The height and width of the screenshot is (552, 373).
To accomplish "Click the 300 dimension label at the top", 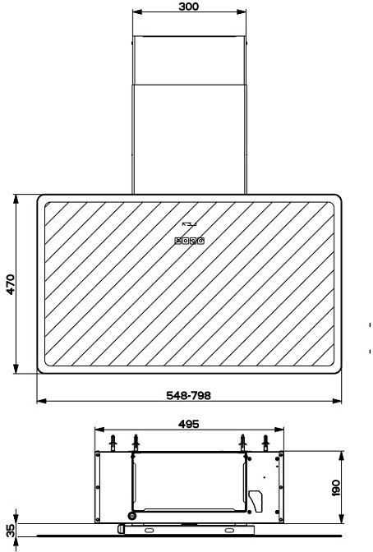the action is [x=188, y=7].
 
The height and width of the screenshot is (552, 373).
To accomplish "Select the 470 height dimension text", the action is [x=11, y=284].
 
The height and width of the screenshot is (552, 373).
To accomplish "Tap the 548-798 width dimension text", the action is [x=188, y=395].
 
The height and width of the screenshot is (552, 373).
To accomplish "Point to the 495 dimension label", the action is [x=189, y=424].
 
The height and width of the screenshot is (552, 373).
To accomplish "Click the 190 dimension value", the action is [x=336, y=488].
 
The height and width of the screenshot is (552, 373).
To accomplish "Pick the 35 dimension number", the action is [x=11, y=531].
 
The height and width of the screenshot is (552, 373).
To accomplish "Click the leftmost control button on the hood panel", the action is [x=177, y=241].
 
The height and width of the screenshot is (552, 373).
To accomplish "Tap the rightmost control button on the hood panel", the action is [x=200, y=241].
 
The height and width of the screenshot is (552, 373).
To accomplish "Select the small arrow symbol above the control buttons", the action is [x=189, y=224].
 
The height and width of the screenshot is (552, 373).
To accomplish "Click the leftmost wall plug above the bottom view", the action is [x=113, y=443].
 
